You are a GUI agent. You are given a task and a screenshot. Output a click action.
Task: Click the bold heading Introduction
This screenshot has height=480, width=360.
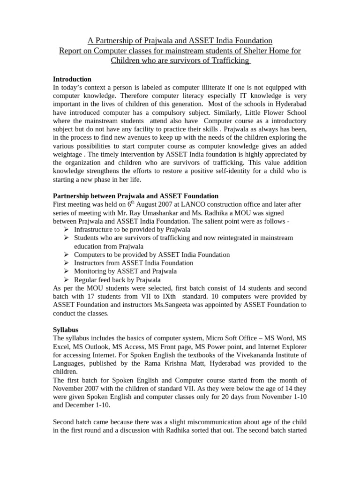72,79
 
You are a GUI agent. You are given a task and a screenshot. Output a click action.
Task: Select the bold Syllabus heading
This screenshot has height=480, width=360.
66,330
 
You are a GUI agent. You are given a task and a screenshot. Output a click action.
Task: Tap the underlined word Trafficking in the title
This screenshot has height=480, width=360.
227,61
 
